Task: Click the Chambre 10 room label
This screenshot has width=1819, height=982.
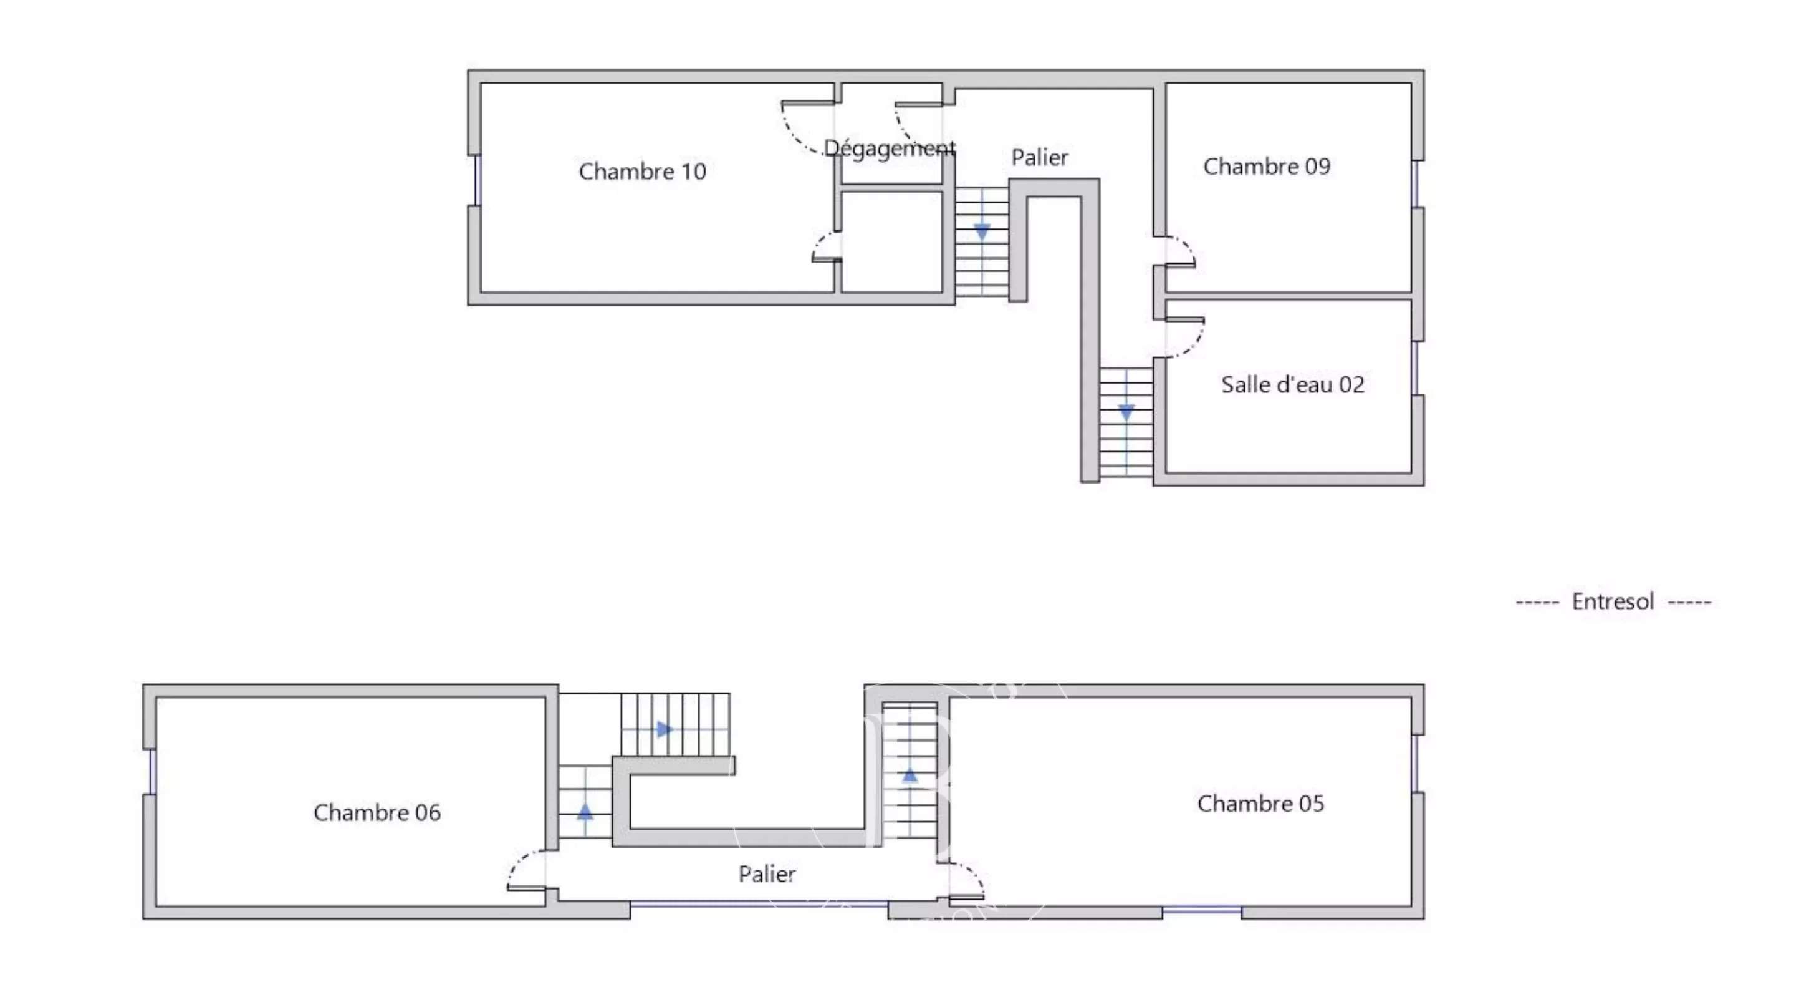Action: point(642,171)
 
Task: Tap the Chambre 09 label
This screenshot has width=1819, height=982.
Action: point(1267,166)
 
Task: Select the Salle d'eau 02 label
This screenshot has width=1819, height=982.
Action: point(1293,384)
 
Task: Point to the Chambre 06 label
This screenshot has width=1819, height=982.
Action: point(377,812)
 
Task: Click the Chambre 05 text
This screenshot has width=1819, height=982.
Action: point(1260,804)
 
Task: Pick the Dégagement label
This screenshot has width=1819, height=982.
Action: point(890,148)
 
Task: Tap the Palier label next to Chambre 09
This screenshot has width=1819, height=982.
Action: point(1039,157)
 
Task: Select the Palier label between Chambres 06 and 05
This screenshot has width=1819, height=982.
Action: point(767,874)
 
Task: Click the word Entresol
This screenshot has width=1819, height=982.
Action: point(1613,601)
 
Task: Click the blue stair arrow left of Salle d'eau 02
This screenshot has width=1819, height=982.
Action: point(1126,412)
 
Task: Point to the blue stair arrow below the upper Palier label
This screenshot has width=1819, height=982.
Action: point(982,231)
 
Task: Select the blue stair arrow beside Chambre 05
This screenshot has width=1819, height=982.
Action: point(910,775)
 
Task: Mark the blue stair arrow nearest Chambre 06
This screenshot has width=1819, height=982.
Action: point(585,811)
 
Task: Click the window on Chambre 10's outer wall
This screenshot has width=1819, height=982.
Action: point(478,180)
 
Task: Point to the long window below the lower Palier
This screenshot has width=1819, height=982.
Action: point(759,903)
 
